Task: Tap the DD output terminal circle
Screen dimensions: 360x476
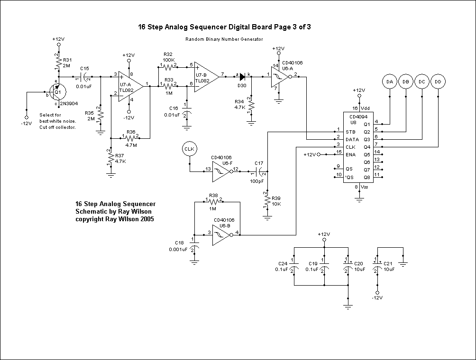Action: click(x=439, y=82)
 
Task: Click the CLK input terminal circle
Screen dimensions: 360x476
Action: click(x=189, y=150)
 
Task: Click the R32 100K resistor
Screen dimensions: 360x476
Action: click(x=168, y=66)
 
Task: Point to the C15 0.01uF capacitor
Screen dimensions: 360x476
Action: click(x=86, y=76)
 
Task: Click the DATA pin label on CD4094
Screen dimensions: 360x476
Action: click(x=352, y=140)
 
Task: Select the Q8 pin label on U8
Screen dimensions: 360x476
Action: click(x=366, y=177)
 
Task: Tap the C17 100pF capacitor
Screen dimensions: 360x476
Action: click(x=259, y=171)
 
